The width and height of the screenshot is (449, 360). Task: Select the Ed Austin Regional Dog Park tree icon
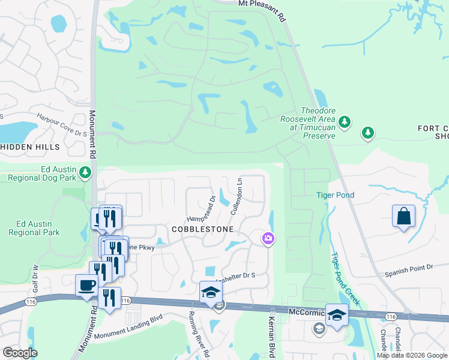pyautogui.click(x=86, y=173)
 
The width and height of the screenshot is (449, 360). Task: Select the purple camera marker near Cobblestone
pyautogui.click(x=268, y=239)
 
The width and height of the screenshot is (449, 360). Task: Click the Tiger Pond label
pyautogui.click(x=336, y=195)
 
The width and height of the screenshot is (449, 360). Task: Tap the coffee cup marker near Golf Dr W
pyautogui.click(x=86, y=285)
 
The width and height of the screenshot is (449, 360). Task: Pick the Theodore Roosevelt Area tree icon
pyautogui.click(x=344, y=123)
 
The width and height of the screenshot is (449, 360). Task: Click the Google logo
pyautogui.click(x=20, y=353)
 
